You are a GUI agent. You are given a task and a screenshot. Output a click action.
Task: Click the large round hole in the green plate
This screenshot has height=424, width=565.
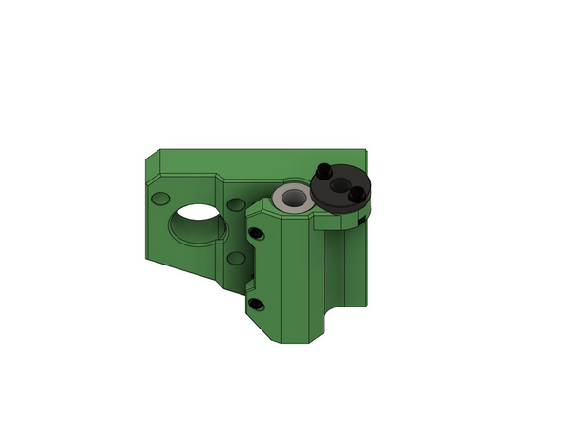point(197,223)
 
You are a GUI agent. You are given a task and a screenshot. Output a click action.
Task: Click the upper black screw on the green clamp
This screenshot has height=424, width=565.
point(256,230)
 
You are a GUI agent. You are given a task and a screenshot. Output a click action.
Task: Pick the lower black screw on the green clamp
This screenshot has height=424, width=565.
point(256,305)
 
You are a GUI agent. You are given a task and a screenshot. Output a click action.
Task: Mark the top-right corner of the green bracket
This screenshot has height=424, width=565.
point(367,150)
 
